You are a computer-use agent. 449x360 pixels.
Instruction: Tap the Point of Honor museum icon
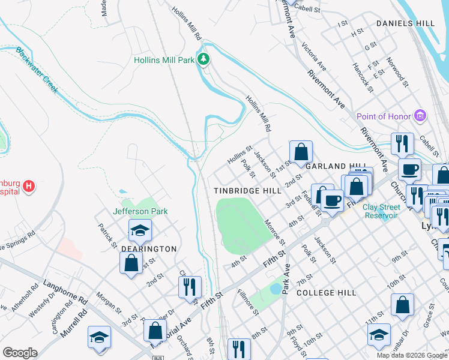(x=420, y=116)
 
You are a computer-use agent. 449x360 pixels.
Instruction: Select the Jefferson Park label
(x=140, y=211)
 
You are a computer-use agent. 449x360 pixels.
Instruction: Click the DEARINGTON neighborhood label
(x=149, y=248)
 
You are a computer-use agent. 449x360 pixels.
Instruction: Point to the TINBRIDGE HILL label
(x=248, y=190)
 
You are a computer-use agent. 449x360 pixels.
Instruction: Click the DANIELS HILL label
(x=405, y=23)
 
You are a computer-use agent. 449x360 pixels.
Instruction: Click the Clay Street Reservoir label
(x=388, y=211)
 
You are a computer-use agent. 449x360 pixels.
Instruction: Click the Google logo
(x=20, y=353)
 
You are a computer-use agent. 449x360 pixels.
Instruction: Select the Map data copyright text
(x=412, y=355)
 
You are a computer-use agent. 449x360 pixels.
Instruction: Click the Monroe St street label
(x=274, y=232)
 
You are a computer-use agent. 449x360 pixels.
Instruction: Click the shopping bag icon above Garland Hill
(x=301, y=151)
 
